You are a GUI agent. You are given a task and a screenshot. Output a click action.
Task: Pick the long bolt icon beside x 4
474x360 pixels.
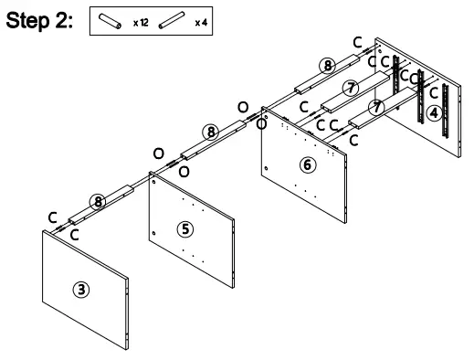tap(170, 19)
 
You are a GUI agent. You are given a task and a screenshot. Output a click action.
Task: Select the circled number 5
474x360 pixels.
tap(185, 228)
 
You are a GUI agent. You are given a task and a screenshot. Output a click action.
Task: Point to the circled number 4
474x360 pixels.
tap(434, 112)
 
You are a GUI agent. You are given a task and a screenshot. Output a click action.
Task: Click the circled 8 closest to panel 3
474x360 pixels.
tap(98, 200)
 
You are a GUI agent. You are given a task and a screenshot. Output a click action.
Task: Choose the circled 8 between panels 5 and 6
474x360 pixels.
tap(211, 132)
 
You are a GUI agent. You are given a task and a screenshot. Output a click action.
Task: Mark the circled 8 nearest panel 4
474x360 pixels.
tap(326, 65)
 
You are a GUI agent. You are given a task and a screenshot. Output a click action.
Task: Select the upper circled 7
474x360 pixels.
tap(350, 88)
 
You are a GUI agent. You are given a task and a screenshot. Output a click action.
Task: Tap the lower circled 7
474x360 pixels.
tap(375, 108)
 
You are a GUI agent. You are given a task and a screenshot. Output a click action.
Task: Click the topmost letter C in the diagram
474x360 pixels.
tap(357, 42)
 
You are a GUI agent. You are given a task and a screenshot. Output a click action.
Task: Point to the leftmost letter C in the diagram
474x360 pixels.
tap(53, 217)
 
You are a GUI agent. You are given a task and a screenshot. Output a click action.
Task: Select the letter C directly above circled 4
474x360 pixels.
tap(433, 92)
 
